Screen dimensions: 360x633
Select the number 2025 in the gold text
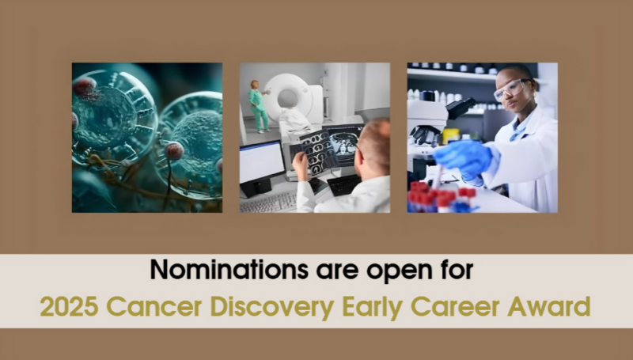pyautogui.click(x=67, y=305)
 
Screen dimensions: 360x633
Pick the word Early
pyautogui.click(x=372, y=305)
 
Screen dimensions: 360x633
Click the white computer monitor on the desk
pyautogui.click(x=260, y=162)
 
